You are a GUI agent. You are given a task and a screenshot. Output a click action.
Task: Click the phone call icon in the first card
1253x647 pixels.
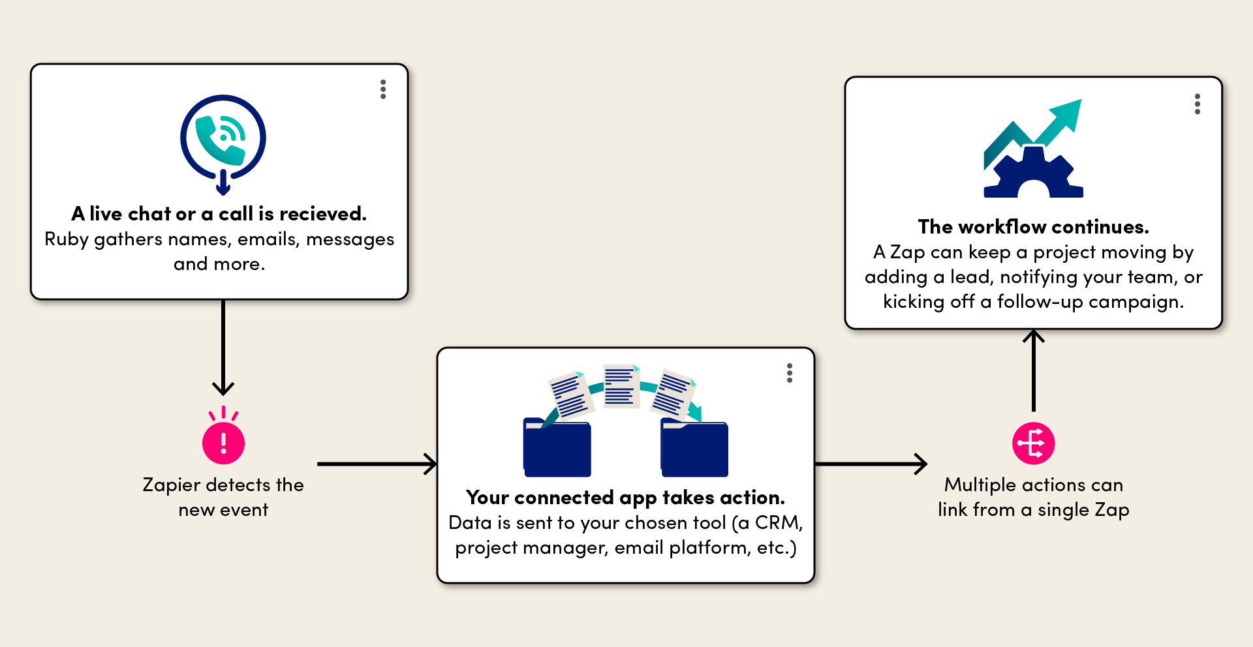pyautogui.click(x=223, y=139)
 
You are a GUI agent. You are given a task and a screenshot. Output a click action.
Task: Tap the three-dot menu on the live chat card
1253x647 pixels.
pyautogui.click(x=383, y=89)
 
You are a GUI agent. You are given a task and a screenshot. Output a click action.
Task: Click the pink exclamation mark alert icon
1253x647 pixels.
pyautogui.click(x=223, y=443)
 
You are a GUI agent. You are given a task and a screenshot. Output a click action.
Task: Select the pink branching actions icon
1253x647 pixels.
pyautogui.click(x=1033, y=444)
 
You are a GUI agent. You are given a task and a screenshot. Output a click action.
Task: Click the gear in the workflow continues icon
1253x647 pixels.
pyautogui.click(x=1033, y=173)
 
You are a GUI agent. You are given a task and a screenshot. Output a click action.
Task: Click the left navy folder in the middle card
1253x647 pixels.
pyautogui.click(x=557, y=448)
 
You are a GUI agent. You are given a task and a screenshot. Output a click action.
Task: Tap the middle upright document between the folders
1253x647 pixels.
pyautogui.click(x=621, y=386)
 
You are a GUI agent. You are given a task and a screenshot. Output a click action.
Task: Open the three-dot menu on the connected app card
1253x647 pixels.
pyautogui.click(x=790, y=373)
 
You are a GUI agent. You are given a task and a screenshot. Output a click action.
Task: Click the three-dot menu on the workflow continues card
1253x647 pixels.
pyautogui.click(x=1197, y=104)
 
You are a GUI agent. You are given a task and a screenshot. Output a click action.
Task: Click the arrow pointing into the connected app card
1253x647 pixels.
pyautogui.click(x=377, y=464)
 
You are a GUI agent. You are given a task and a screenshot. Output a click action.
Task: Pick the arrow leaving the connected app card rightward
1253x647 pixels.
pyautogui.click(x=871, y=464)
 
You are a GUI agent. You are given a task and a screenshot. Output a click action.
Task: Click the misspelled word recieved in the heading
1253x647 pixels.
pyautogui.click(x=331, y=214)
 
